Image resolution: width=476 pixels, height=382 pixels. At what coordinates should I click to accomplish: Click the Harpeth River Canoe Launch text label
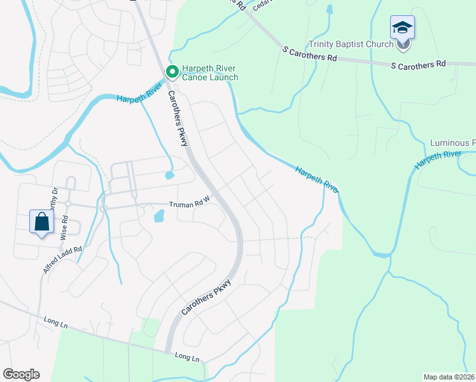(210, 73)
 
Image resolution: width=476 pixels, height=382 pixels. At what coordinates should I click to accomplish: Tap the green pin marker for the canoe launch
(171, 72)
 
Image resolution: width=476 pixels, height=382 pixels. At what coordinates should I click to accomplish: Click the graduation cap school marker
(402, 28)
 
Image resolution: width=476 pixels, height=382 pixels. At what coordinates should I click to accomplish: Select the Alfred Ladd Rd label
(63, 260)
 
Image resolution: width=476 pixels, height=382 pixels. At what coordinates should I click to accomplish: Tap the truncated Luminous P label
(452, 143)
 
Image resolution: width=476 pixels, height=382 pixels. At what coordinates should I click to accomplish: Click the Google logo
(21, 374)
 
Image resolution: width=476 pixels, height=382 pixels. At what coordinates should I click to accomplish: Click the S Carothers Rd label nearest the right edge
(417, 65)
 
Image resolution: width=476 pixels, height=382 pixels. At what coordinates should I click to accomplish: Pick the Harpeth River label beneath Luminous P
(438, 159)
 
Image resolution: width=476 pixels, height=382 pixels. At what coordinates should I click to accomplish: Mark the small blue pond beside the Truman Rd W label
(158, 217)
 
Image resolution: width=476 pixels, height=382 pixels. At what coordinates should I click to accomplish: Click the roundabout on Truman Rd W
(103, 208)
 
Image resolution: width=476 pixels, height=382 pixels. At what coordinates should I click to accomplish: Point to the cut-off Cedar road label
(260, 5)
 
